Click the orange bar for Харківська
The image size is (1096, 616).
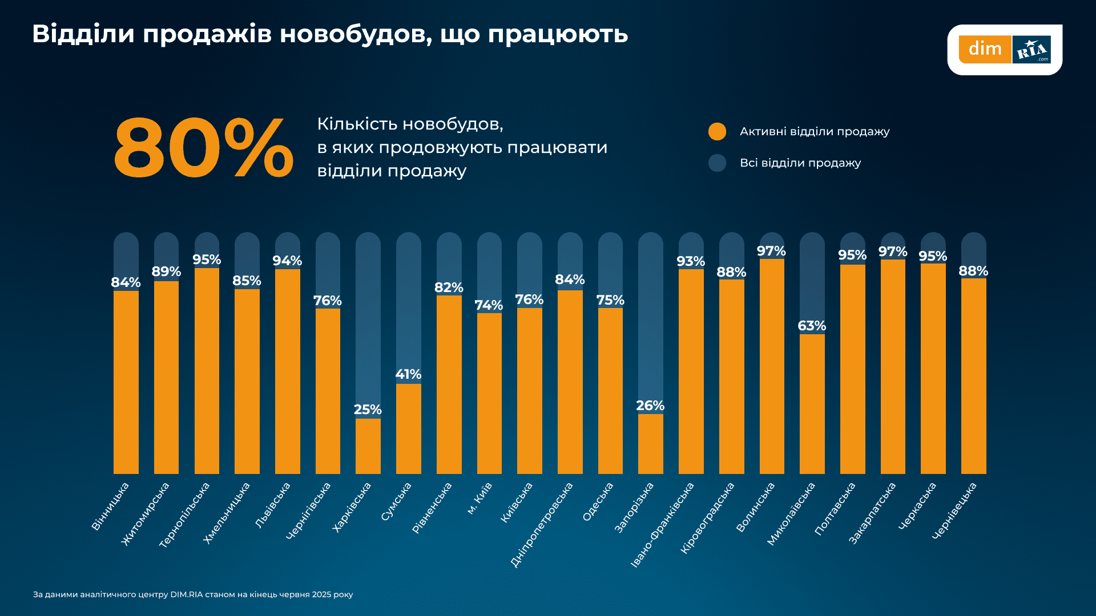(368, 446)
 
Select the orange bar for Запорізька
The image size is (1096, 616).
(650, 444)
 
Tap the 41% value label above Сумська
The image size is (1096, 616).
(408, 374)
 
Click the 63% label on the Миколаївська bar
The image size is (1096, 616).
(812, 326)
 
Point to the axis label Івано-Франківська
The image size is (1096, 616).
(662, 525)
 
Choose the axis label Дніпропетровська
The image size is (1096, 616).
(542, 525)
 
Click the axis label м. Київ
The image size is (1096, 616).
(479, 499)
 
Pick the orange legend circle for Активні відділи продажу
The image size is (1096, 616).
(717, 132)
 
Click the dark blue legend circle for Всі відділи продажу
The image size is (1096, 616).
(717, 163)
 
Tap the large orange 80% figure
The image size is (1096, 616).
(203, 148)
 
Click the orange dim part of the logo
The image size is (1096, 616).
(985, 50)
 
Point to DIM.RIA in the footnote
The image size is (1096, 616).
(186, 594)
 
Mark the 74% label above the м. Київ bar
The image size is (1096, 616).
(489, 305)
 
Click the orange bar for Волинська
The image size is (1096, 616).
(772, 366)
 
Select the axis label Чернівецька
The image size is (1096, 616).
(954, 511)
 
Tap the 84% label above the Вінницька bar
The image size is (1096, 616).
(126, 282)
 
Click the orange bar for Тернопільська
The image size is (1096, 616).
(207, 371)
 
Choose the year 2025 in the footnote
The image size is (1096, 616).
(321, 594)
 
